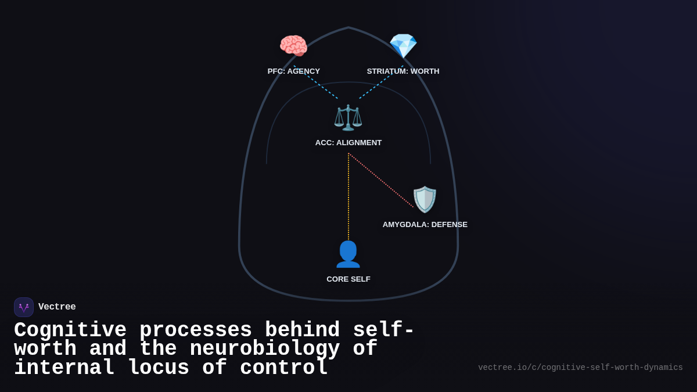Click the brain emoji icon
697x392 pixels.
click(293, 46)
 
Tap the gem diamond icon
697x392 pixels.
click(403, 46)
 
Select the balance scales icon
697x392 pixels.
click(348, 117)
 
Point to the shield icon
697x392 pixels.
click(425, 199)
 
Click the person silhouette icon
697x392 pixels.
click(348, 254)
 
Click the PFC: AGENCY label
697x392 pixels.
click(293, 71)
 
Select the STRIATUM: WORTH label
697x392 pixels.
click(403, 71)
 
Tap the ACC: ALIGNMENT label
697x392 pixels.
click(348, 143)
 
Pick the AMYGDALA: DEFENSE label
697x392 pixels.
click(425, 225)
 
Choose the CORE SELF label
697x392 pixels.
click(348, 279)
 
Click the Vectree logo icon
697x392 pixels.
click(24, 307)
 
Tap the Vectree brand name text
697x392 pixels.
click(57, 307)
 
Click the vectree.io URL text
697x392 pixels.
click(580, 368)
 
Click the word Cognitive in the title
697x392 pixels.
click(70, 330)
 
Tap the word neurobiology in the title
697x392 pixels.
click(265, 349)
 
